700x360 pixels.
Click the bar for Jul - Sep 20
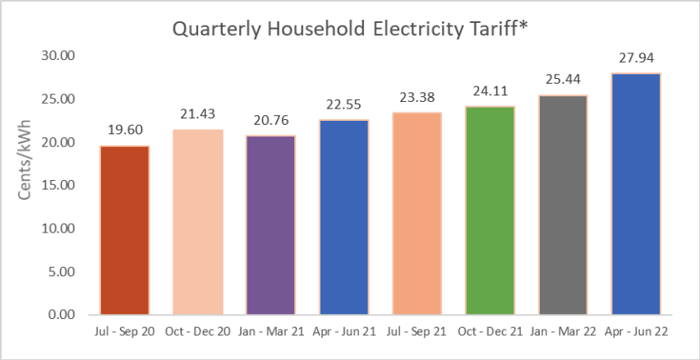tap(125, 230)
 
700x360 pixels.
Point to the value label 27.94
tap(637, 58)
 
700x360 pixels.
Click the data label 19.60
tap(125, 130)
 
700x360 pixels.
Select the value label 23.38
tap(417, 97)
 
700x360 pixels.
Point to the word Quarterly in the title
tap(219, 30)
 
